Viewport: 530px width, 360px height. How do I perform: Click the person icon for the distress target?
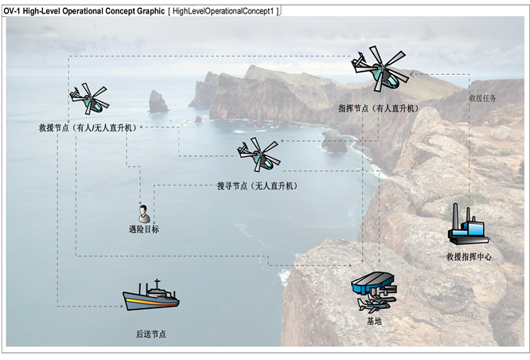pos(144,213)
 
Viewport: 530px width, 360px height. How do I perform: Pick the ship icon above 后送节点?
pos(151,296)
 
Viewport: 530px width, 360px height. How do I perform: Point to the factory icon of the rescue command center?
pos(468,226)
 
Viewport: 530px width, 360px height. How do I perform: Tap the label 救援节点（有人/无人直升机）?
pos(87,127)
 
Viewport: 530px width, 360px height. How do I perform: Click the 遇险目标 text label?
pos(144,229)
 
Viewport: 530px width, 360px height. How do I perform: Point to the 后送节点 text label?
pos(151,335)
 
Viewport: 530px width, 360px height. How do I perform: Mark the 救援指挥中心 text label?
pos(469,256)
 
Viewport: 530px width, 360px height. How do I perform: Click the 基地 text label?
pos(374,321)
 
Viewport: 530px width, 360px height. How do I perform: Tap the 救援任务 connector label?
pos(482,98)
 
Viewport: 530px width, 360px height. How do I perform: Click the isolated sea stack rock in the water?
pos(158,102)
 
